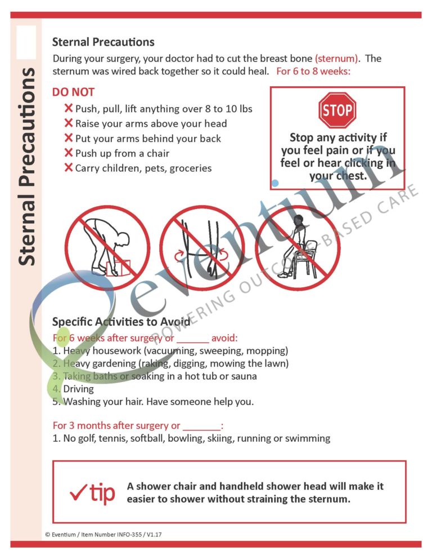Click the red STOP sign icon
tap(337, 110)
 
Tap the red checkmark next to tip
tap(77, 494)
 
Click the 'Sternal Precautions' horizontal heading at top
tap(103, 42)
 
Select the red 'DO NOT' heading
tap(73, 92)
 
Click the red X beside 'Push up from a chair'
tap(69, 153)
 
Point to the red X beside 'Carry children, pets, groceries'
tap(69, 168)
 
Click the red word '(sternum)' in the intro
tap(336, 59)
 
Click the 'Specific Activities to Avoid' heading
tap(121, 322)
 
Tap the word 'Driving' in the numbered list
tap(79, 389)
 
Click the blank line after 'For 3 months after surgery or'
tap(202, 426)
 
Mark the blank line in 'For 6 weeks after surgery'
tap(192, 339)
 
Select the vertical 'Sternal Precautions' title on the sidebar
tap(27, 166)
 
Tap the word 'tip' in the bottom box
tap(102, 493)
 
